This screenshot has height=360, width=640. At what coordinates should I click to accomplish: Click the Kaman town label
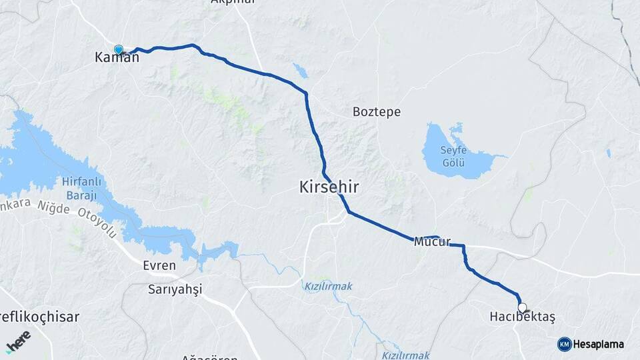(x=117, y=58)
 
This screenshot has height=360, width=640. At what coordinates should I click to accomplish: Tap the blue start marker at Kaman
(x=119, y=49)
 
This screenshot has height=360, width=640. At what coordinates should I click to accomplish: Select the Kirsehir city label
(x=329, y=187)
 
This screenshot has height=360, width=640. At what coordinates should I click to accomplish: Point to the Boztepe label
(x=377, y=111)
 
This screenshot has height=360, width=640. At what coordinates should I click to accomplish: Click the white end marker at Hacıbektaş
(x=522, y=308)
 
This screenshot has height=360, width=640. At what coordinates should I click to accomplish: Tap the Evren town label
(x=159, y=265)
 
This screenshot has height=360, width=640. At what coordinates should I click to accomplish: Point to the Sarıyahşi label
(x=175, y=289)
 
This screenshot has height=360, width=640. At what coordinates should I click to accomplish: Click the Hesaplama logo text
(x=598, y=344)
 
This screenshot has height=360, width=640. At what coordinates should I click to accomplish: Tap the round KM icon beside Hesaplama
(x=564, y=344)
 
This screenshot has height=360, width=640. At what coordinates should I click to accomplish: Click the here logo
(x=19, y=341)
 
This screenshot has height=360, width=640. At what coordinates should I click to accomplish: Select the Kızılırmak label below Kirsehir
(x=328, y=286)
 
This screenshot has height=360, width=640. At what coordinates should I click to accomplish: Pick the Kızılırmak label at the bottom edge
(x=406, y=355)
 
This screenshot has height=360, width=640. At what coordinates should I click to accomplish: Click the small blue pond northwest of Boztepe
(x=301, y=71)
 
